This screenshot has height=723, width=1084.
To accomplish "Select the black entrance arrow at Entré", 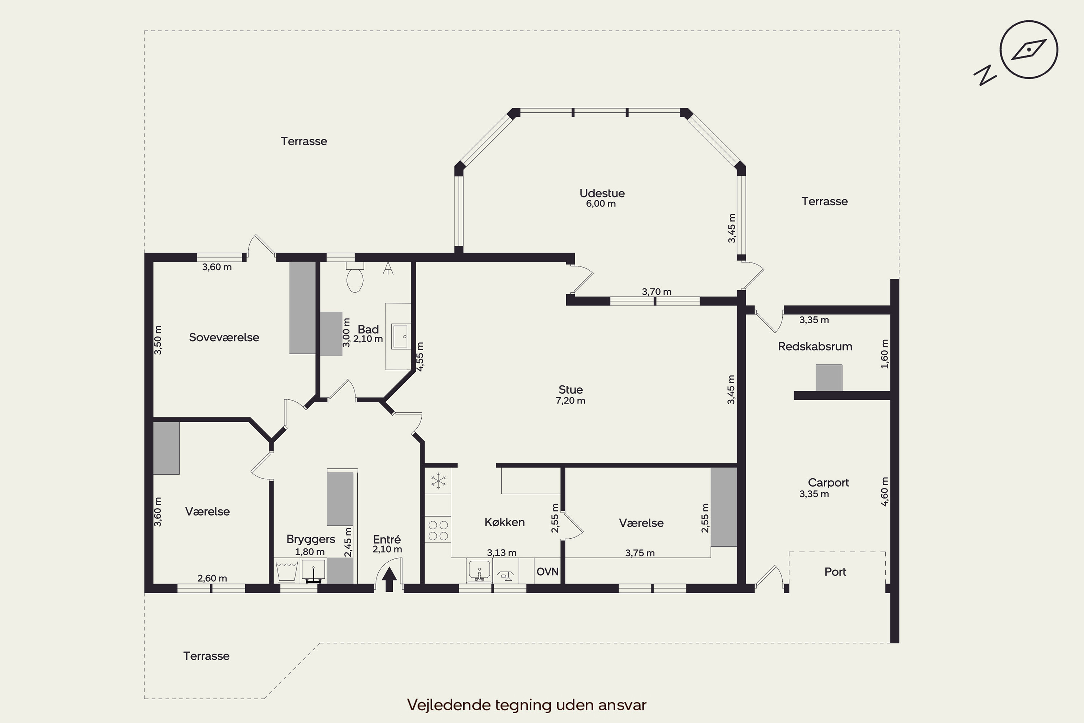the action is (390, 579).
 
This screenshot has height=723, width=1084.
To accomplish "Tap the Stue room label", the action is (571, 390).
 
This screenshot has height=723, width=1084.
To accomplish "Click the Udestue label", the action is (602, 193).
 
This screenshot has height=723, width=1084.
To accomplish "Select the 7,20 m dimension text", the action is (571, 401).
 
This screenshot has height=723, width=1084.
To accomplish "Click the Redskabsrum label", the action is (815, 347).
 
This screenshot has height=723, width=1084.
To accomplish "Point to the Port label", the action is (835, 572).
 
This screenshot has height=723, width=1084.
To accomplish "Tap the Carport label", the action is (828, 483).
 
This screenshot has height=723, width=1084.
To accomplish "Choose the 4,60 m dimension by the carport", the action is (885, 492).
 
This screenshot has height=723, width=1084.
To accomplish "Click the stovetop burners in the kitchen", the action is (438, 530).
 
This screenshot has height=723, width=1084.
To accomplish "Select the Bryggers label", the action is (311, 539).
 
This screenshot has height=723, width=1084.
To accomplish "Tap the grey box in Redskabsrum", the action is (829, 378).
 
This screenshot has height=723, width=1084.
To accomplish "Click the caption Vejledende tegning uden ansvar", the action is (527, 705).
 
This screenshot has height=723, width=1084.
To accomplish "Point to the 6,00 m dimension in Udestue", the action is (601, 204).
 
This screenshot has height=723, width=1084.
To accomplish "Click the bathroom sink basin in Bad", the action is (400, 337).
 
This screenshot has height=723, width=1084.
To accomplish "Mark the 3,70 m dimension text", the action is (657, 292).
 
